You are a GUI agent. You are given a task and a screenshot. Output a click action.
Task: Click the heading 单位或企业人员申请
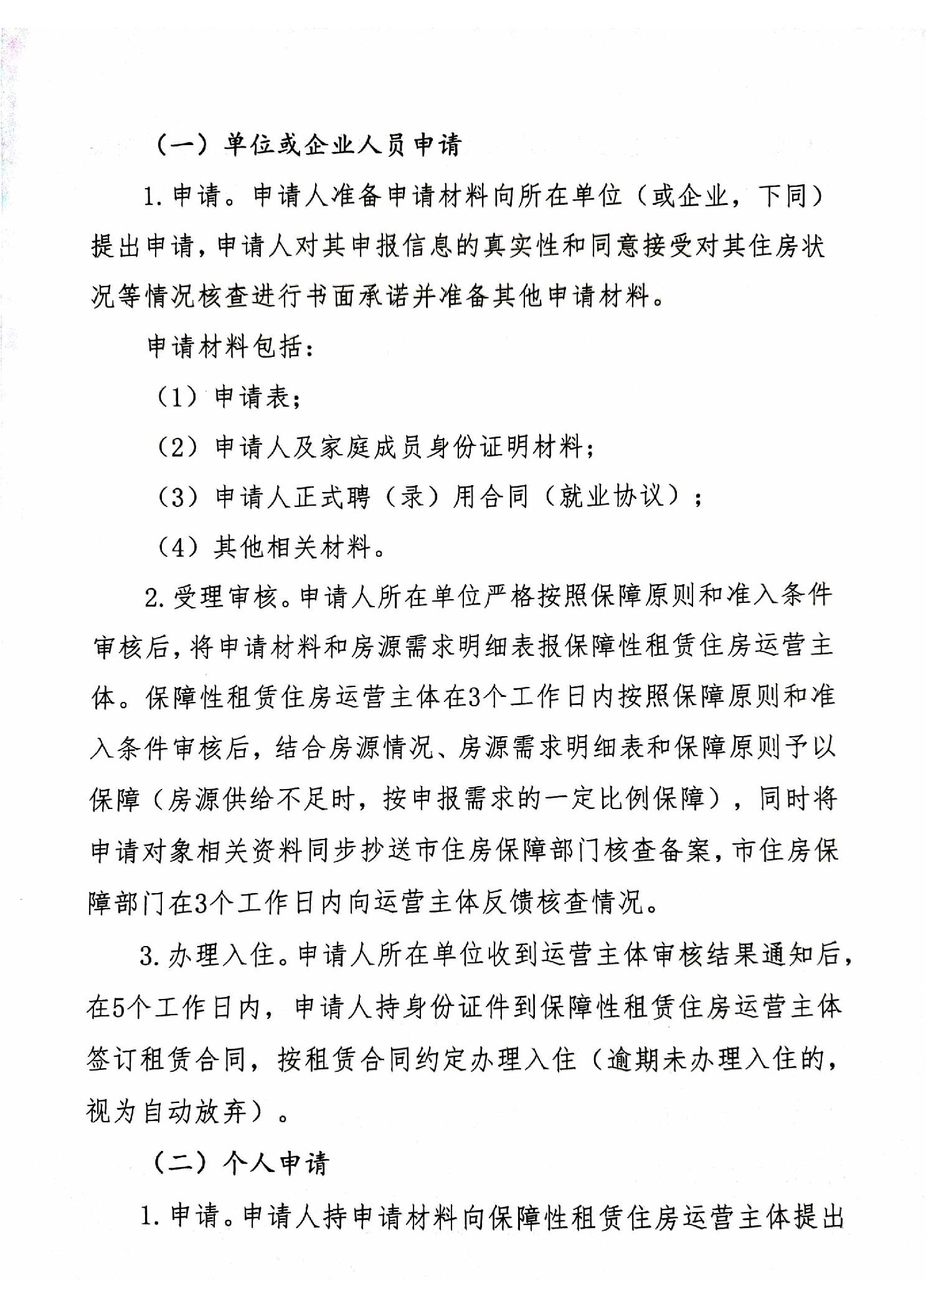[x=342, y=146]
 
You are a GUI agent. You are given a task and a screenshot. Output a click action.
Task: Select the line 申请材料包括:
[x=230, y=347]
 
